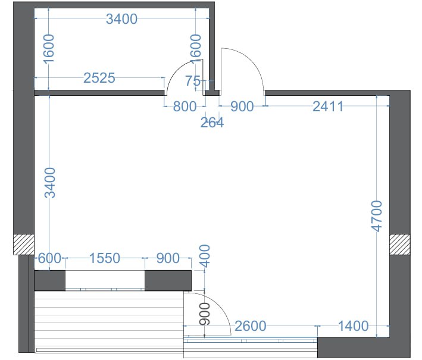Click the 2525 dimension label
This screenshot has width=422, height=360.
tap(99, 78)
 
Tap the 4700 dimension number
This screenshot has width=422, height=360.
tap(377, 216)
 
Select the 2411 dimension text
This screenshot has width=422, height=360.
tap(328, 107)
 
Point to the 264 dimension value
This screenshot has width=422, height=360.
tap(212, 123)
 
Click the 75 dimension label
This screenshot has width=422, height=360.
tap(193, 81)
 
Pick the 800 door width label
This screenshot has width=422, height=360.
tap(185, 107)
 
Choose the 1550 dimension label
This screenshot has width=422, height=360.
tap(104, 258)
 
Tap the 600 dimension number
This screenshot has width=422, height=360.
tap(50, 258)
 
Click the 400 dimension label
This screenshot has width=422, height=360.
tap(205, 256)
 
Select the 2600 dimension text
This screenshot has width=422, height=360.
tap(251, 326)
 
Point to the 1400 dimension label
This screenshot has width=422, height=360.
tap(353, 326)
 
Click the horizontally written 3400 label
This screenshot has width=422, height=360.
tap(121, 19)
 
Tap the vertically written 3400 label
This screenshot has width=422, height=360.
tap(50, 183)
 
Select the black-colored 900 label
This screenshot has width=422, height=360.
tap(205, 314)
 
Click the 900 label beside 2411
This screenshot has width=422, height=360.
tap(242, 107)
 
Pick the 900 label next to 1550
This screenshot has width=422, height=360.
tap(168, 258)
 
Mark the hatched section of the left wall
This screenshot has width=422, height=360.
tap(24, 245)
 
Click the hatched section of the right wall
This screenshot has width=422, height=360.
tap(400, 245)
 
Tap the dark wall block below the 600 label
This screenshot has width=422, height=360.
tap(50, 281)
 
